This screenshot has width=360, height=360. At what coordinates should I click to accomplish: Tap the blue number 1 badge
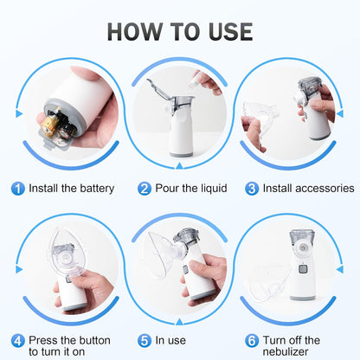(17, 188)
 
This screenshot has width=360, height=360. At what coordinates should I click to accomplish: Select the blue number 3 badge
(252, 188)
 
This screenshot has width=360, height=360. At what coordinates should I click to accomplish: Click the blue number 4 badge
(17, 340)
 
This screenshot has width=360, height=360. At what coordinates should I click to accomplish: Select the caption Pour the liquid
(187, 188)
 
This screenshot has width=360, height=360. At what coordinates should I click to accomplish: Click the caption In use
(171, 340)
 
